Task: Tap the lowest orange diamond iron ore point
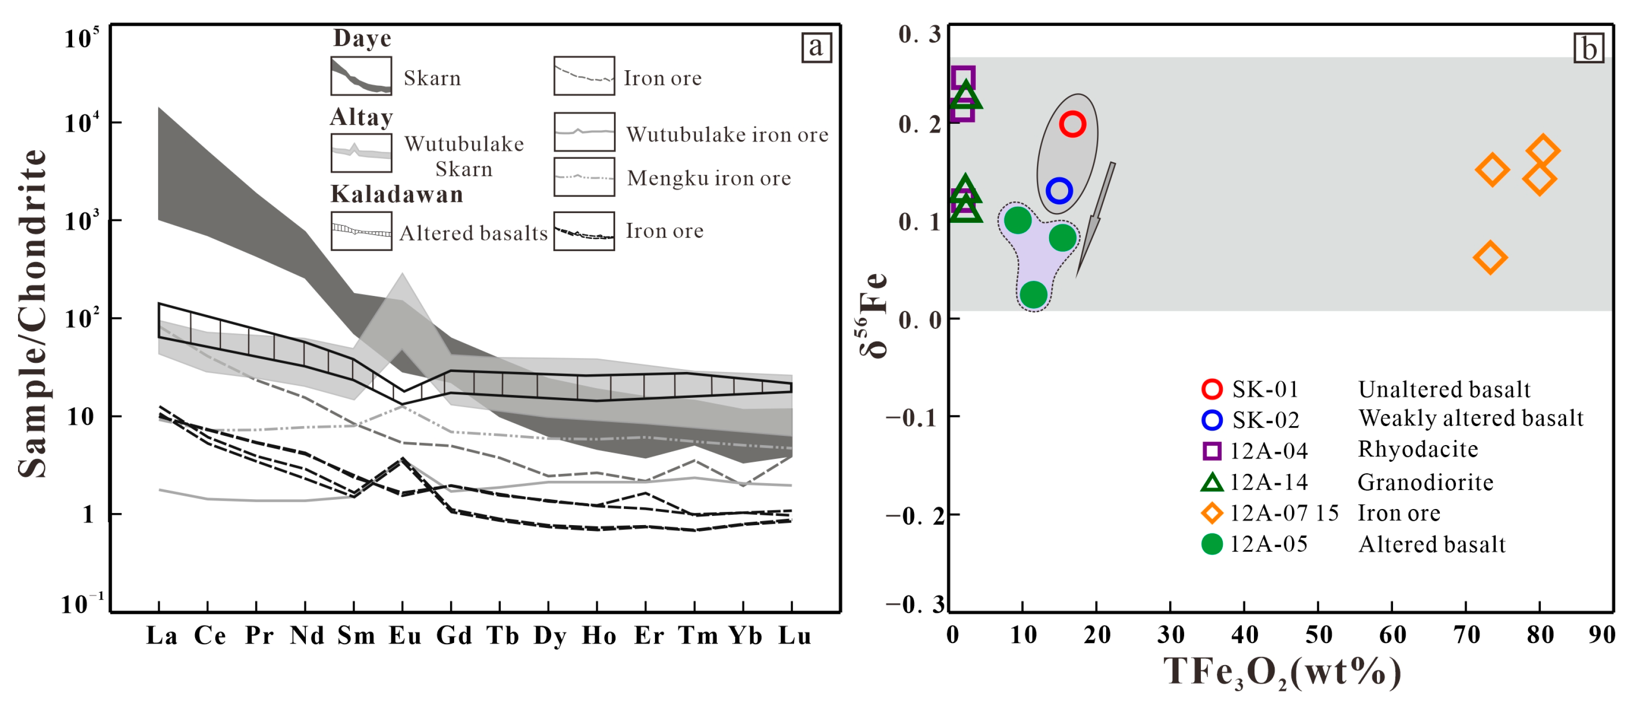1490,257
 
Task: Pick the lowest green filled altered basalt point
1034,294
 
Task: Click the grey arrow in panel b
1095,218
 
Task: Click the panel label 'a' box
815,47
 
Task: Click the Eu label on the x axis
404,635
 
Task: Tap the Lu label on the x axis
794,635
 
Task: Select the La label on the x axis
161,635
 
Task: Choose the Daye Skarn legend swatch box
360,77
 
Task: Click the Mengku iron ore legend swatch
583,177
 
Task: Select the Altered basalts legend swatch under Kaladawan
360,231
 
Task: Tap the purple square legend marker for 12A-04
1211,451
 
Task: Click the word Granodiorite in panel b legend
1425,483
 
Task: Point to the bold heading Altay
361,117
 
